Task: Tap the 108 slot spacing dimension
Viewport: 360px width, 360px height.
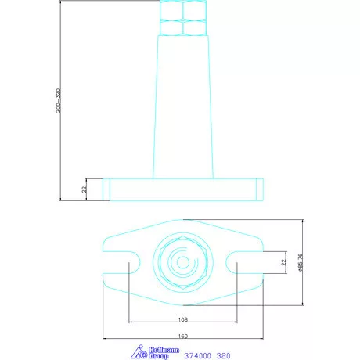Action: [x=182, y=319]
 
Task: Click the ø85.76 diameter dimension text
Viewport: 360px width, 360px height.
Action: [x=301, y=261]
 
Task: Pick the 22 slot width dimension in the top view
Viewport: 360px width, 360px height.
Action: [x=283, y=261]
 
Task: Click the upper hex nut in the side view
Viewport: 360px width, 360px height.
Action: [x=182, y=9]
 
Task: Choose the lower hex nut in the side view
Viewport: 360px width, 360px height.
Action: [x=182, y=27]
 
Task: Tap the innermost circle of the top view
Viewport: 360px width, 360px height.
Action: [x=182, y=261]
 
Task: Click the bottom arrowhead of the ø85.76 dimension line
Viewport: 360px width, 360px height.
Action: [x=304, y=304]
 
